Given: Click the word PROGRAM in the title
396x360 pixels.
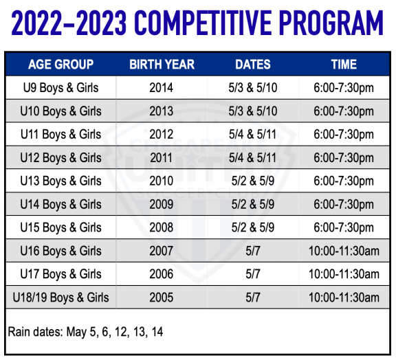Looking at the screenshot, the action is click(331, 23).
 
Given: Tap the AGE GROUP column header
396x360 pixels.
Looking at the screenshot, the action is click(61, 65).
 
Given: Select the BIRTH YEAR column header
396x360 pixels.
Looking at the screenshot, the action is click(162, 65).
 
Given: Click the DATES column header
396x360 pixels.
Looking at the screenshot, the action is click(253, 65).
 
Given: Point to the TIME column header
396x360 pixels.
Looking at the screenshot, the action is click(344, 65).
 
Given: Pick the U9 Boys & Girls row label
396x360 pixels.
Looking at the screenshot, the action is click(61, 88).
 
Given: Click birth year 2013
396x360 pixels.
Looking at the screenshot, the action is click(162, 111).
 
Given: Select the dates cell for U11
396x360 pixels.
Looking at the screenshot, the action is click(252, 134).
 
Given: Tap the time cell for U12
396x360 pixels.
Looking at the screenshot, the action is click(344, 158).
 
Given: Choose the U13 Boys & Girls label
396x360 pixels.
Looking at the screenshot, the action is click(61, 181).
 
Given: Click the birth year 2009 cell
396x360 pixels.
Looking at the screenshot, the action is click(162, 204).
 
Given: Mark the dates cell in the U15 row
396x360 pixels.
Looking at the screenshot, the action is click(253, 227).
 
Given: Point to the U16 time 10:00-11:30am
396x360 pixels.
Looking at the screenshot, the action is click(344, 251).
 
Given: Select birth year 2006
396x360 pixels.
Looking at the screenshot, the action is click(162, 274).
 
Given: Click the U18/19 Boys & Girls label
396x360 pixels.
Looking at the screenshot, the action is click(61, 297).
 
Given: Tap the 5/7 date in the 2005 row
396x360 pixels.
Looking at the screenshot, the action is click(253, 297).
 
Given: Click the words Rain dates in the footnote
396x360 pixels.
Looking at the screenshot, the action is click(35, 332).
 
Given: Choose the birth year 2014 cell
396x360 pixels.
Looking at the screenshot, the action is click(162, 88).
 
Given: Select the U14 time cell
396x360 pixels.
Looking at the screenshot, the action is click(344, 205).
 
